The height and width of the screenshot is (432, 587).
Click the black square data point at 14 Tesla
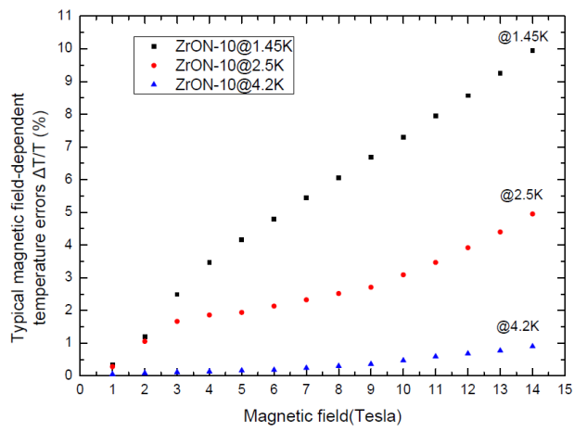(532, 51)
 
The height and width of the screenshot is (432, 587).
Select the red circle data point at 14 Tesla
(532, 214)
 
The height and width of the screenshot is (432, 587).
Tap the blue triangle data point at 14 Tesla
(532, 346)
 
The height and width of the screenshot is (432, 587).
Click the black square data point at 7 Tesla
(306, 197)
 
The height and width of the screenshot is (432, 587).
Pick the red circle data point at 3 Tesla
(177, 321)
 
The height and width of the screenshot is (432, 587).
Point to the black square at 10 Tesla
(403, 137)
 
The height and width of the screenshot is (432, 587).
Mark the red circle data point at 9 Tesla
(371, 287)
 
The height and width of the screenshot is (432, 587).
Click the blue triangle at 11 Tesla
(435, 355)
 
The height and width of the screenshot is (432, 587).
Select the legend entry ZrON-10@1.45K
(212, 44)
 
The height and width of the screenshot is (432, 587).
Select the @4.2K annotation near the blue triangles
(518, 327)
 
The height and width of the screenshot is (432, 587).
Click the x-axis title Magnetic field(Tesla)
(322, 417)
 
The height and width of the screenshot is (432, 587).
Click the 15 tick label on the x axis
(564, 390)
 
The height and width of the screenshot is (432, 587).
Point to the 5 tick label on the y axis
(69, 212)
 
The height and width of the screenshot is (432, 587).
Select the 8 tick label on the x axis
(338, 390)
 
